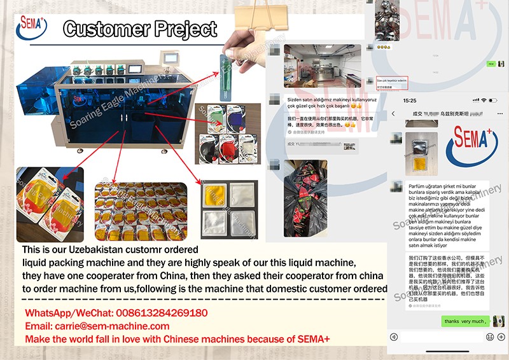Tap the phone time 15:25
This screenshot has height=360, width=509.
[410, 100]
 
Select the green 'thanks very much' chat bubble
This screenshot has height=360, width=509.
[466, 321]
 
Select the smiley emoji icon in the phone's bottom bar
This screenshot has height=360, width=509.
[490, 336]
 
